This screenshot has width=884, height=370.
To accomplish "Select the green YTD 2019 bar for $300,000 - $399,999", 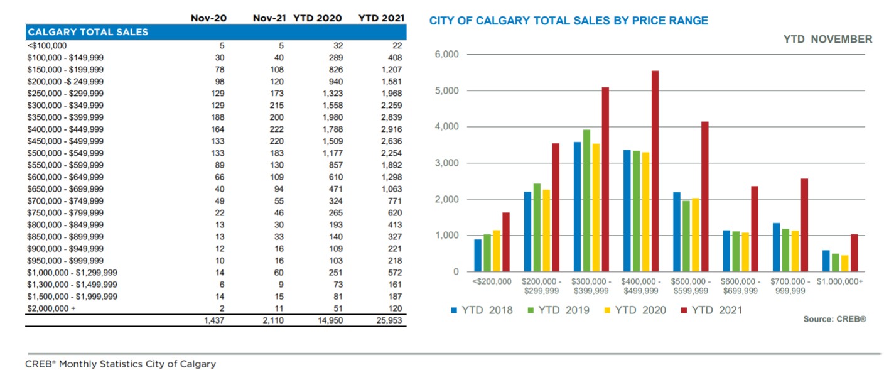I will tap(586, 200).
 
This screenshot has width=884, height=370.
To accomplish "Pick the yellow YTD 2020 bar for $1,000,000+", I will tap(844, 263).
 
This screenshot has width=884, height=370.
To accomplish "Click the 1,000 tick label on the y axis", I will tap(446, 236).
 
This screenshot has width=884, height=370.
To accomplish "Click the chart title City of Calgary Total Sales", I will tap(568, 21).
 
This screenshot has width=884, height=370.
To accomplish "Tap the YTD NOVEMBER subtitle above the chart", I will tap(827, 39).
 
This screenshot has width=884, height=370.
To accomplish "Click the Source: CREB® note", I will tap(834, 319).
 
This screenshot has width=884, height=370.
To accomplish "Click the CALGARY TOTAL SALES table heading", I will tap(88, 32).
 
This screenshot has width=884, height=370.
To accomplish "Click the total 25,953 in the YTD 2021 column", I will tap(389, 320).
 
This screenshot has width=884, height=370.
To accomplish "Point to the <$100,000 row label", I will tap(47, 46).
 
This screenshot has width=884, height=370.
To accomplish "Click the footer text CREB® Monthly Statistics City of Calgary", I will tap(121, 364).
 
